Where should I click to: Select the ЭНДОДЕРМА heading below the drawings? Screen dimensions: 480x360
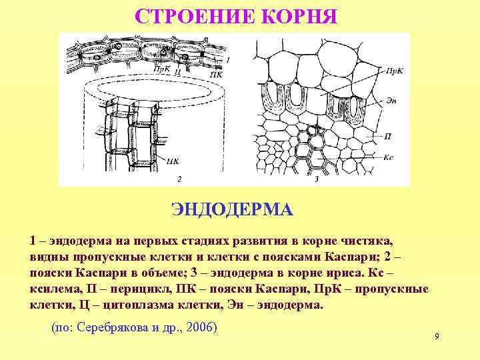pos(231,210)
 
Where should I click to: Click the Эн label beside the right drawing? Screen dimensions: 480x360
pos(391,101)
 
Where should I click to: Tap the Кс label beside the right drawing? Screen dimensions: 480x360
pos(390,157)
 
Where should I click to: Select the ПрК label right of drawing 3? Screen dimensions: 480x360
pos(394,69)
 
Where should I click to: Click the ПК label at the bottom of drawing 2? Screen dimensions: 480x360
pos(173,160)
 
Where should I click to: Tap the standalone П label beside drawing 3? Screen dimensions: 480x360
pos(388,135)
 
